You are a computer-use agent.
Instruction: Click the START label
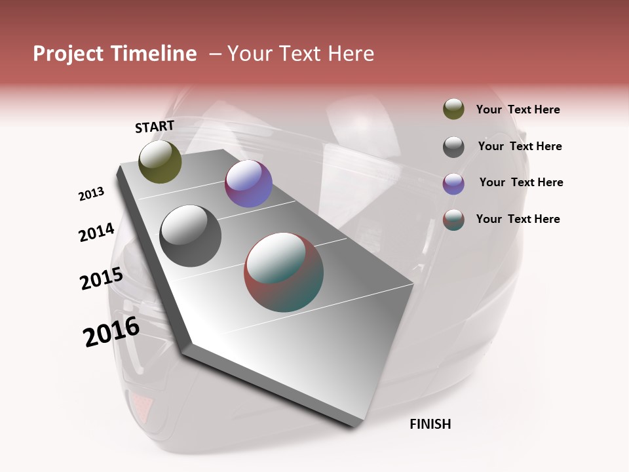(155, 127)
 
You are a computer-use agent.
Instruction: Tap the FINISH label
(430, 424)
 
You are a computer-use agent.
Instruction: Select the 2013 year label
(91, 194)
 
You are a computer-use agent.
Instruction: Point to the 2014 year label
(96, 233)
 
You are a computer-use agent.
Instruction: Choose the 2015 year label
(101, 279)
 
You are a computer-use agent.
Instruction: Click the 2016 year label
(111, 331)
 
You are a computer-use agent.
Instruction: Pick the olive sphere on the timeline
(160, 161)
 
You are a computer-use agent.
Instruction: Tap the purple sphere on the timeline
(248, 184)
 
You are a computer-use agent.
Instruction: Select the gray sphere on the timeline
(190, 235)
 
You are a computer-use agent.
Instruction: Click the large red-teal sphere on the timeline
(284, 272)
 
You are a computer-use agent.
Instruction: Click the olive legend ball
(453, 109)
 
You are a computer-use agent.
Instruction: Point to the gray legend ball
(453, 147)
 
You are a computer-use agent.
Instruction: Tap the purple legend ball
(453, 184)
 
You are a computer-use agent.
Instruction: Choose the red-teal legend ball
(453, 220)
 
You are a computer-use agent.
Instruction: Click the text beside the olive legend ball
(518, 110)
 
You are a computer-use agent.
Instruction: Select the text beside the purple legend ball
(521, 182)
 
